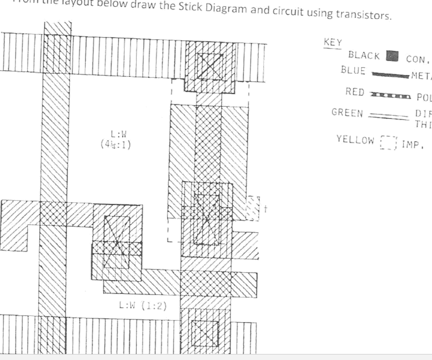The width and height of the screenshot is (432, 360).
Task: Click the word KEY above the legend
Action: pyautogui.click(x=333, y=42)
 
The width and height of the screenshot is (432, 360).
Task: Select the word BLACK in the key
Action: pyautogui.click(x=364, y=56)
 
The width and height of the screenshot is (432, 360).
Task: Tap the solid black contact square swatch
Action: pyautogui.click(x=392, y=56)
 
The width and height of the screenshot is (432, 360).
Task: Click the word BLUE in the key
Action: pyautogui.click(x=353, y=70)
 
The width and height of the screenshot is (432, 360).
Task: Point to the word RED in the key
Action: pyautogui.click(x=355, y=92)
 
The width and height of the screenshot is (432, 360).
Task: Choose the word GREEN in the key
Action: pyautogui.click(x=347, y=113)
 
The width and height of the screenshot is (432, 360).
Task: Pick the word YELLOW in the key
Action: pyautogui.click(x=355, y=139)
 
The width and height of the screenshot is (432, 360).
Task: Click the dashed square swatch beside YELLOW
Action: pyautogui.click(x=389, y=143)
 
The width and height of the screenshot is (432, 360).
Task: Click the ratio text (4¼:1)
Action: pyautogui.click(x=117, y=143)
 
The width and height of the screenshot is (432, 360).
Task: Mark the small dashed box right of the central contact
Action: pyautogui.click(x=253, y=209)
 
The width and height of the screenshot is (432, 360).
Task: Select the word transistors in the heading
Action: pyautogui.click(x=363, y=15)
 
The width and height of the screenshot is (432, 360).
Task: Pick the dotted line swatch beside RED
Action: pyautogui.click(x=390, y=96)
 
